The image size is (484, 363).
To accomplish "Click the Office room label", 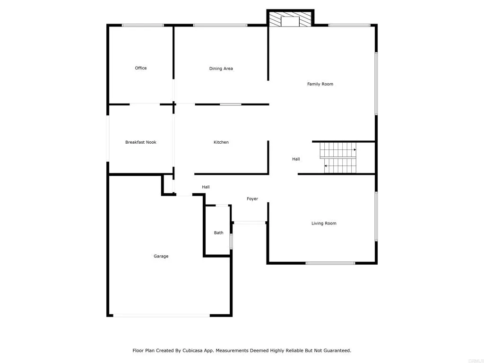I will pos(141,68).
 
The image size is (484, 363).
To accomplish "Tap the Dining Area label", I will pos(221,69).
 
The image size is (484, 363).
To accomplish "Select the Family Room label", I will pos(320,84).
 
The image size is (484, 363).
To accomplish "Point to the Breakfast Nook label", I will pos(140,142).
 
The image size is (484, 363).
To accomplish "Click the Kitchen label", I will pos(221,142).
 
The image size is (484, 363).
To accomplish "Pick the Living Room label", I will pos(324,223).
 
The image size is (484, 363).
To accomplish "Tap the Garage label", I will pos(161,256).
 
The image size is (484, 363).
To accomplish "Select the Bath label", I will pos(218,233).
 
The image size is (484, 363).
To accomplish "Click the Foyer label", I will pos(252,199).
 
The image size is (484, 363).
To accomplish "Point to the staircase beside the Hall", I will pos(338,158).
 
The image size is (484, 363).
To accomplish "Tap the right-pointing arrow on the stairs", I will pos(354,149).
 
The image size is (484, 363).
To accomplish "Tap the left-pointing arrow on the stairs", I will pos(326,166).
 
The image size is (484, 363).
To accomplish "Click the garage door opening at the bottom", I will pos(161,315).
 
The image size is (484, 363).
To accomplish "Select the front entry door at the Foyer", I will pos(250,222).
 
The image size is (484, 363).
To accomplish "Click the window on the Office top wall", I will pos(143,25).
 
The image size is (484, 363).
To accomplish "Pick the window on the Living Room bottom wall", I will pos(330,263).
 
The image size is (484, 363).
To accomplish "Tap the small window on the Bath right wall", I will pos(231,241).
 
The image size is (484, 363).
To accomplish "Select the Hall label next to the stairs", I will pos(296,159).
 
